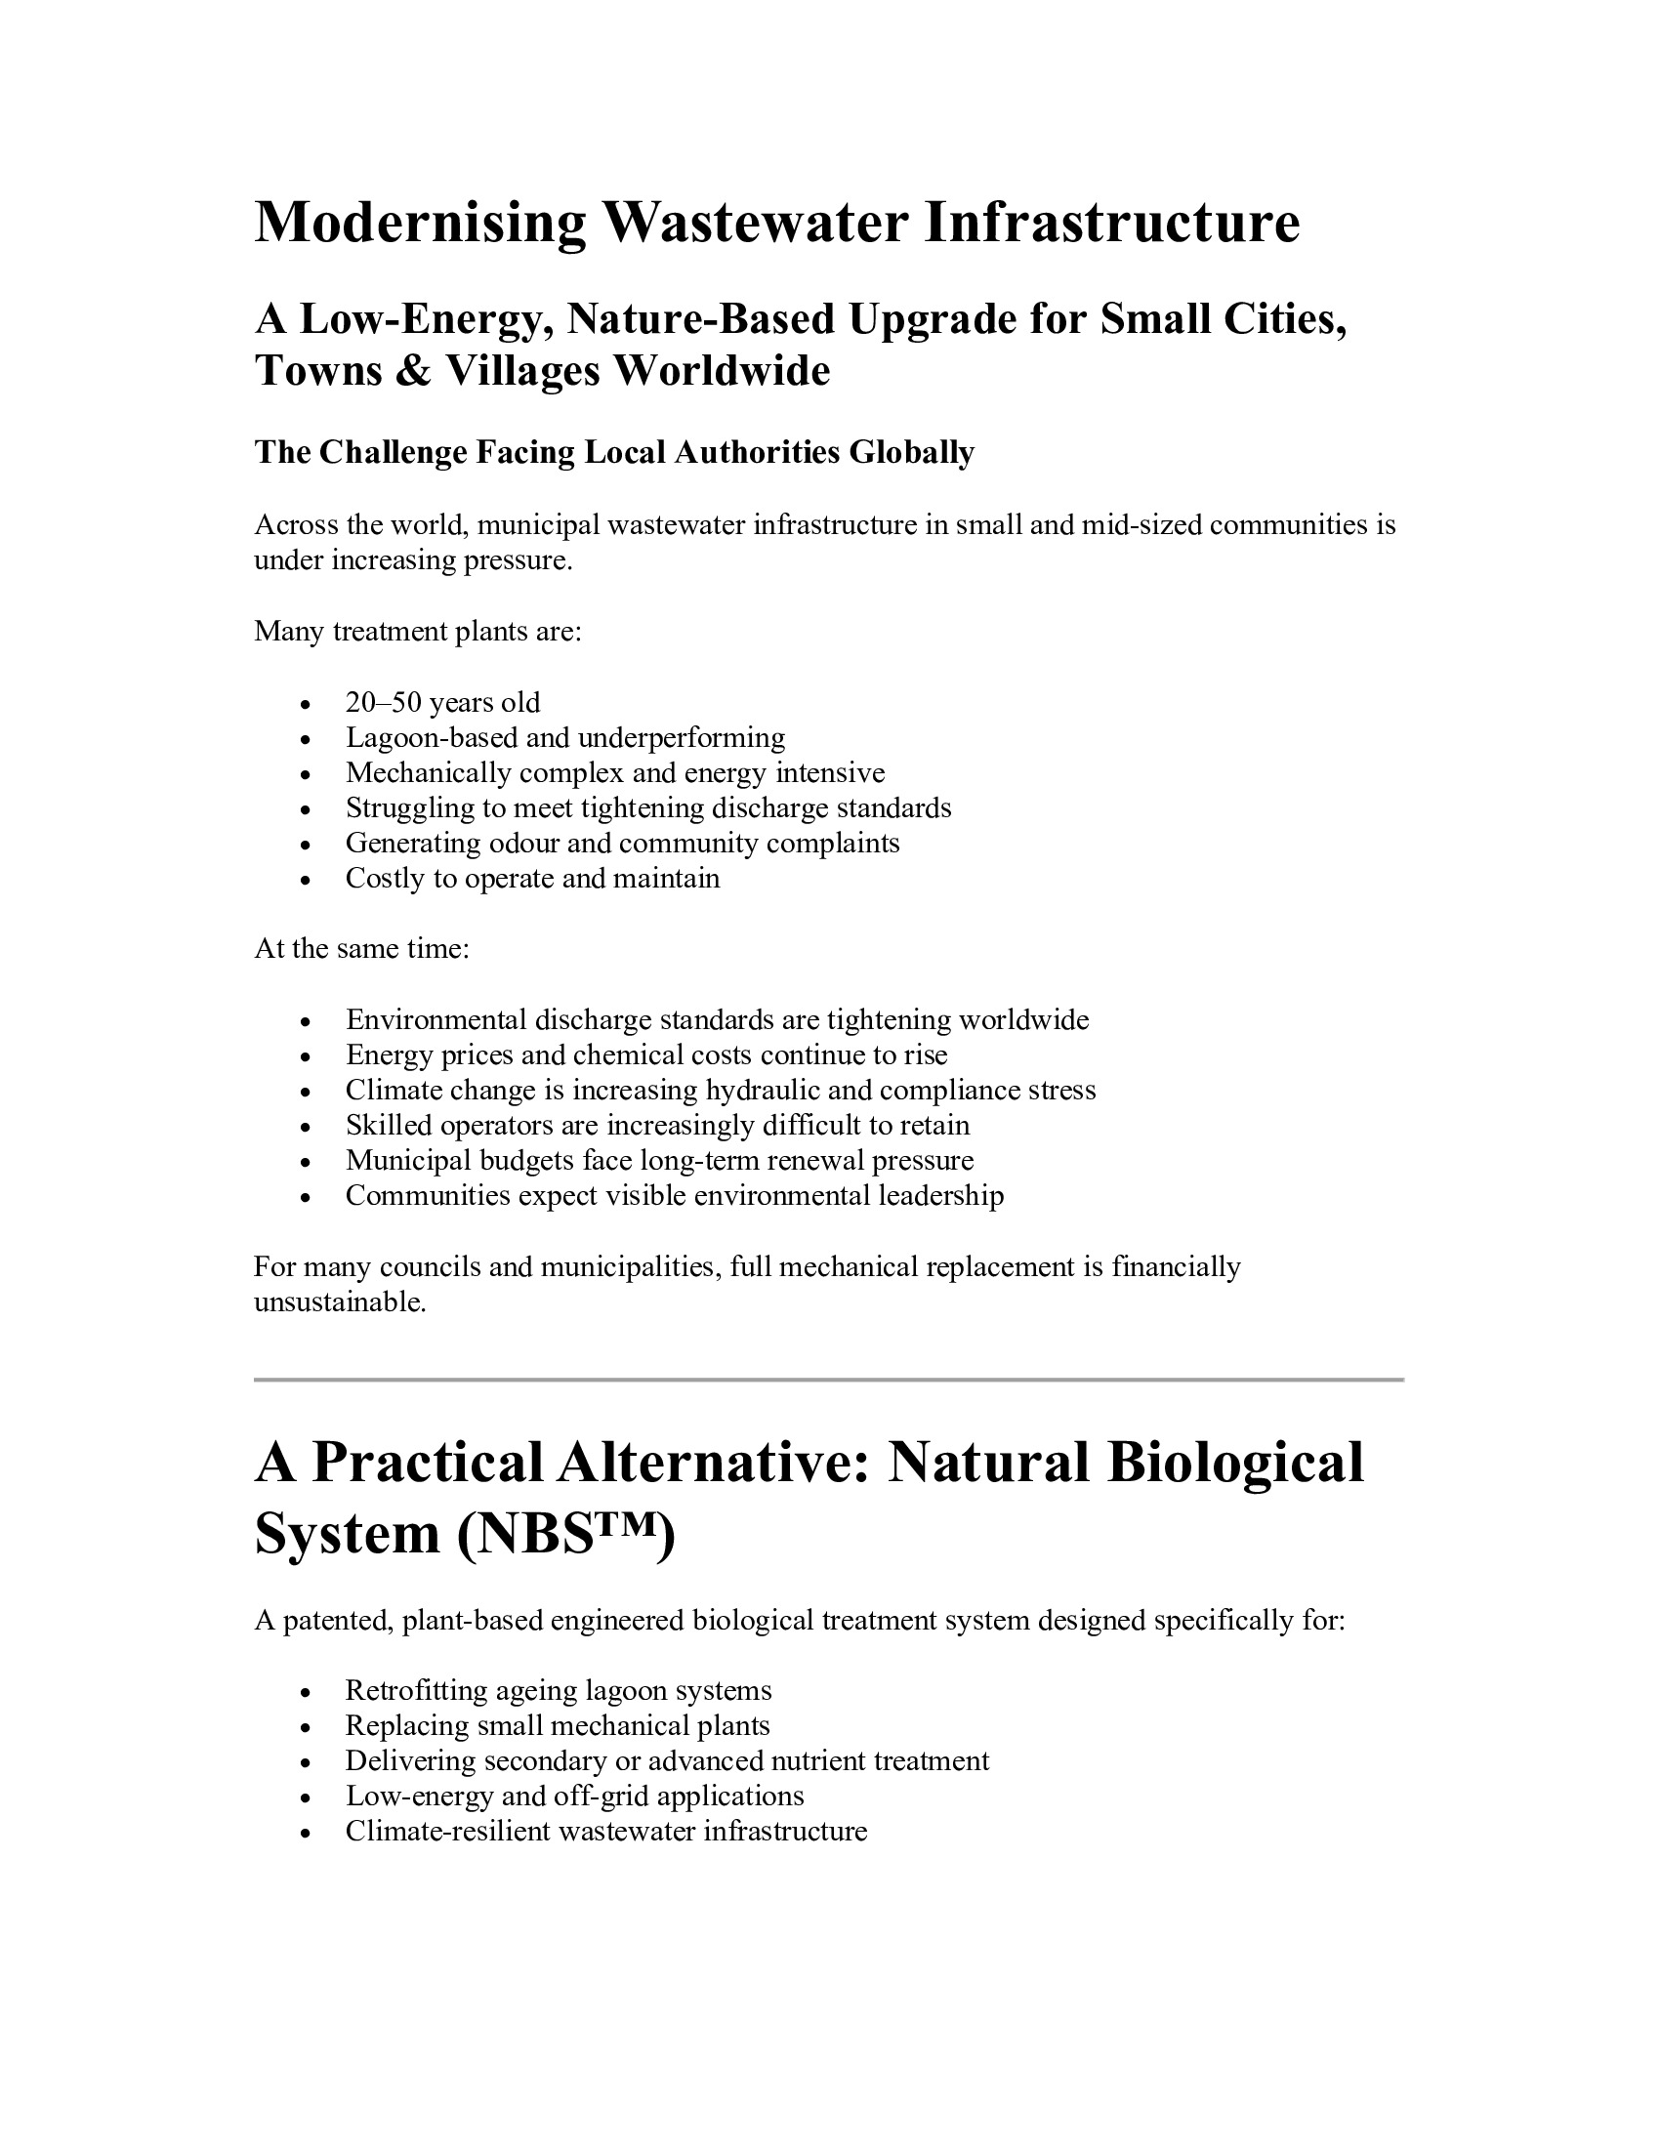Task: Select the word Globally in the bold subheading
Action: [x=912, y=452]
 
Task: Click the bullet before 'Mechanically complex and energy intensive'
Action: [x=307, y=775]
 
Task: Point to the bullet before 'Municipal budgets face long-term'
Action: [x=307, y=1163]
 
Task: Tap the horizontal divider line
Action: [x=828, y=1380]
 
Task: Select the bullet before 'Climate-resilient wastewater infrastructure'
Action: [x=307, y=1834]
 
